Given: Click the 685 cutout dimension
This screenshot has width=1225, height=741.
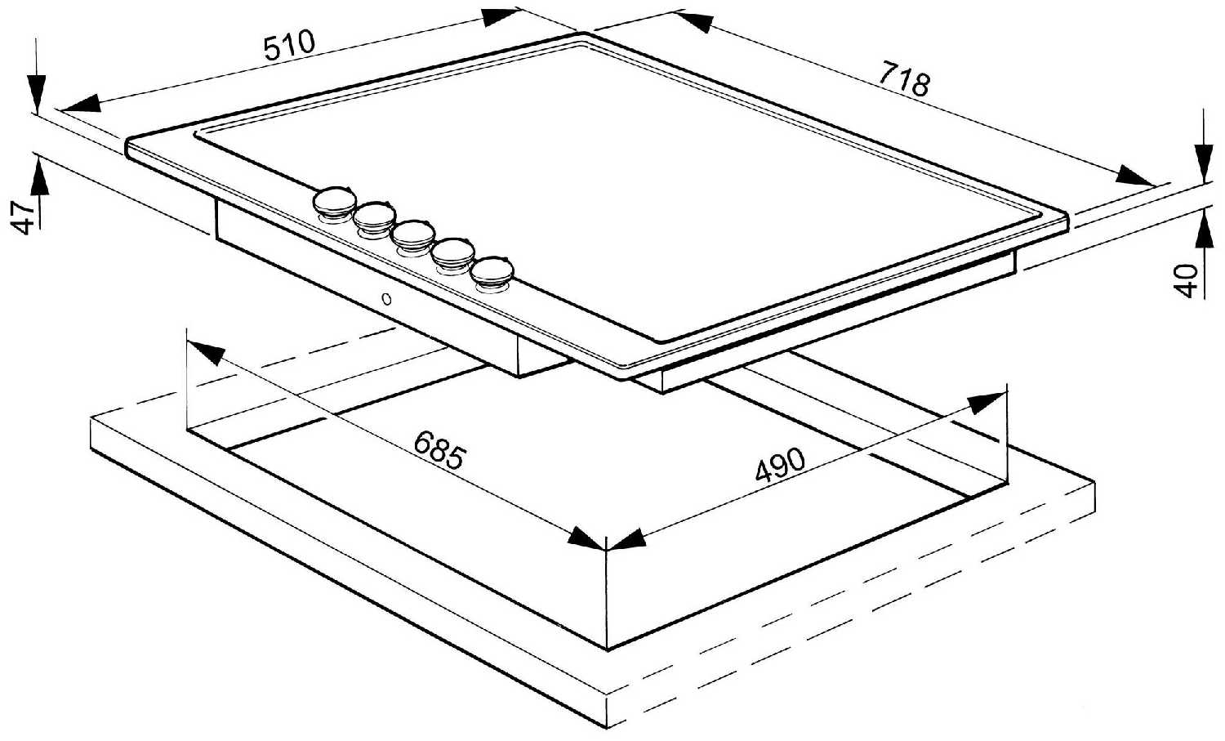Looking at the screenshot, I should pos(439,451).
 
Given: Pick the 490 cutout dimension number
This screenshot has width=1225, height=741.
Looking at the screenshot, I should pos(780,465).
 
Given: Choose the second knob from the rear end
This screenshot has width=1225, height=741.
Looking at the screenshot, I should pos(375,216).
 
